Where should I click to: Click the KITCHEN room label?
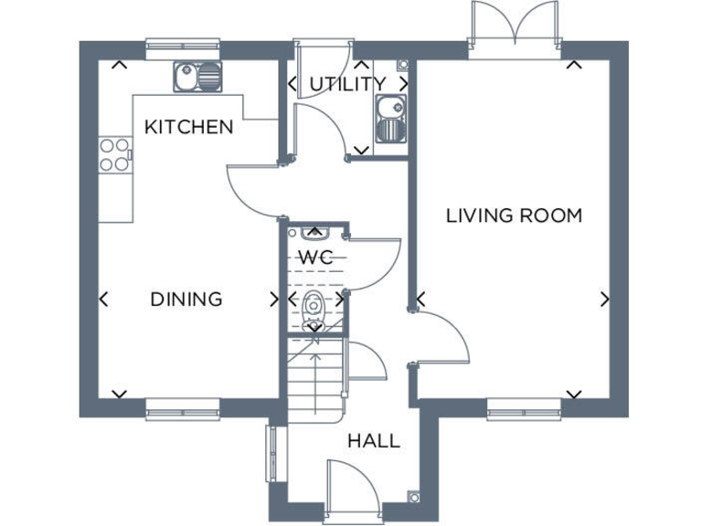pyautogui.click(x=189, y=127)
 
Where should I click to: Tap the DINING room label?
pyautogui.click(x=186, y=299)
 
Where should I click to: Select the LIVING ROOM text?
pyautogui.click(x=514, y=216)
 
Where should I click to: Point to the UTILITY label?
pyautogui.click(x=347, y=84)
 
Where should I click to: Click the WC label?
pyautogui.click(x=315, y=257)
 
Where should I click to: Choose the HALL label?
pyautogui.click(x=374, y=441)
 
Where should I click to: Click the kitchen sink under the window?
pyautogui.click(x=197, y=75)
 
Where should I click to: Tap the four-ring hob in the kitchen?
pyautogui.click(x=113, y=154)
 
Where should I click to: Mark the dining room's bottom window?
pyautogui.click(x=183, y=410)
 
